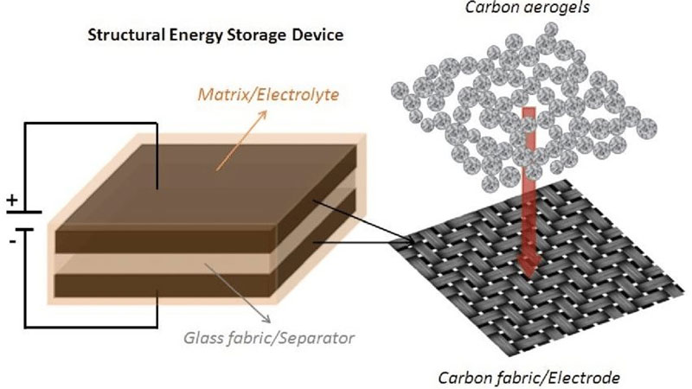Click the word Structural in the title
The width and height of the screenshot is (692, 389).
(126, 35)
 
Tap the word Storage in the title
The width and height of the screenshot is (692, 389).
(256, 35)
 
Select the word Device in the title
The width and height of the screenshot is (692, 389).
(317, 35)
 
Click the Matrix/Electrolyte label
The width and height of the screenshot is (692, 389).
(268, 94)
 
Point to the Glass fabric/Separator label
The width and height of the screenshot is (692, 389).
(269, 338)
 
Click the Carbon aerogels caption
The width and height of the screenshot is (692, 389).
(528, 8)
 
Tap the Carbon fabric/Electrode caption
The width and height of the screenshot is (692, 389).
(529, 378)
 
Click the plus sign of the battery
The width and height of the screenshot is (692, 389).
(12, 201)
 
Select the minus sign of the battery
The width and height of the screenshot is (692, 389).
(13, 241)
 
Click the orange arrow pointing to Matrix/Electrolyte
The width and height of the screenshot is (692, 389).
(241, 140)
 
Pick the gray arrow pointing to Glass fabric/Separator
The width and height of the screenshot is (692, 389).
(238, 293)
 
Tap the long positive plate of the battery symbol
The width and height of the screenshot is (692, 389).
(24, 212)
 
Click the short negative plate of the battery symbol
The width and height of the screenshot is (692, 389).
(25, 229)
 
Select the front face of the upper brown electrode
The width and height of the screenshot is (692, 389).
(166, 241)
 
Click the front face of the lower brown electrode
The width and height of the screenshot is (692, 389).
(166, 285)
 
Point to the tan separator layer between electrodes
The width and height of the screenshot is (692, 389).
(166, 264)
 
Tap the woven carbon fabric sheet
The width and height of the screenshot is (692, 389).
(541, 267)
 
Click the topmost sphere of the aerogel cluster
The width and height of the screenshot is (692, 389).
(550, 29)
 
